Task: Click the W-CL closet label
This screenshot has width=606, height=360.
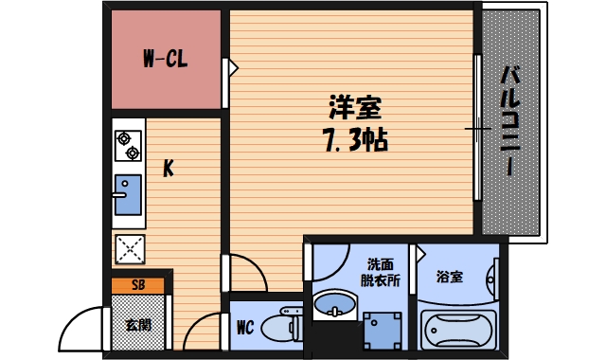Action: tap(165, 60)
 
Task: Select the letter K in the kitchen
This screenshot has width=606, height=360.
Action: tap(168, 170)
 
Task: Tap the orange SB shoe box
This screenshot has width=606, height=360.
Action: tap(138, 284)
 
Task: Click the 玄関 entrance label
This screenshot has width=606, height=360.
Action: tap(138, 324)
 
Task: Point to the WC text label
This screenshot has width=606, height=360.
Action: tap(244, 329)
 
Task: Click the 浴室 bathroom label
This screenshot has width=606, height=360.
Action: tap(450, 278)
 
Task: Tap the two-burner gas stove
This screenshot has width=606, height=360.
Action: tap(129, 146)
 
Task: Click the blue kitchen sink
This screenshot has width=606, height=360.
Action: tap(128, 196)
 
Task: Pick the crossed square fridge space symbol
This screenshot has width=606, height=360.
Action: tap(128, 249)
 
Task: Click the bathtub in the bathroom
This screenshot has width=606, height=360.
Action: tap(458, 330)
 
